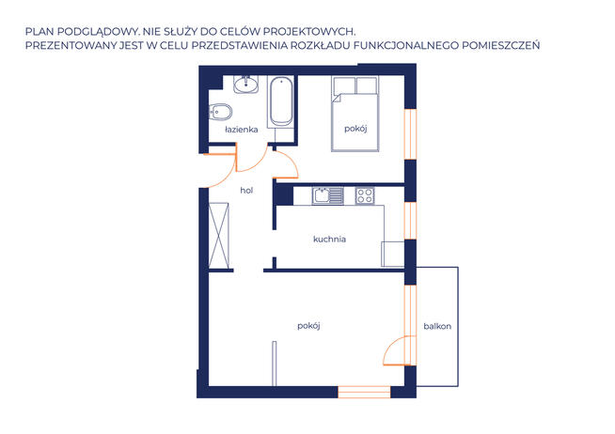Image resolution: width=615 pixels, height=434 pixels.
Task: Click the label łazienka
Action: (x=242, y=130)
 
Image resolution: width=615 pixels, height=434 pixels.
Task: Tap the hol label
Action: (x=246, y=191)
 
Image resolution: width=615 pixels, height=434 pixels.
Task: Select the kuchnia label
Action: (x=329, y=239)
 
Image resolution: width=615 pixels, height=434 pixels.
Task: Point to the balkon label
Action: (x=437, y=326)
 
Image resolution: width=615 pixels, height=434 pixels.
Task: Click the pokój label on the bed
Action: (x=355, y=129)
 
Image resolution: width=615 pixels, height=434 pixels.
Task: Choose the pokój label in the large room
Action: (x=308, y=326)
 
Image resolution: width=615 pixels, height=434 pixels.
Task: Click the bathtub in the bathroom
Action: (x=281, y=101)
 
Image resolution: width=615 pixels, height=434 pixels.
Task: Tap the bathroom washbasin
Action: (x=246, y=85)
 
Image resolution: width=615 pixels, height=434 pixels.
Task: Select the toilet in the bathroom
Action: (x=220, y=113)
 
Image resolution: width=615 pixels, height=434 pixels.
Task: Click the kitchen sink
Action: (x=328, y=195)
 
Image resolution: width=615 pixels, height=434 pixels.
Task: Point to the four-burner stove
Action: (x=365, y=195)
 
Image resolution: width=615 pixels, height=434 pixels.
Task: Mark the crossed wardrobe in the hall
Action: (x=218, y=236)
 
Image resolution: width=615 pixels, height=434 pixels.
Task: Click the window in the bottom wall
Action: (x=364, y=392)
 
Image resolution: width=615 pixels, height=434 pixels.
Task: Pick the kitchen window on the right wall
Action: (x=410, y=221)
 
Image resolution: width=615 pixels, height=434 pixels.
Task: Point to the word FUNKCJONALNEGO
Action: (x=406, y=45)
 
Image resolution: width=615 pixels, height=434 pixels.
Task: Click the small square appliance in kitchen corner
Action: (x=393, y=255)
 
